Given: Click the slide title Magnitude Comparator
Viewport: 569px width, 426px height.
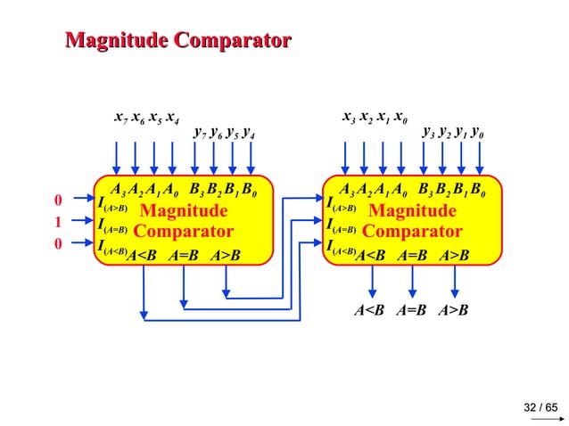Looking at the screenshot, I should [179, 40].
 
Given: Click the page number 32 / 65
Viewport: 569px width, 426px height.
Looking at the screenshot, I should [540, 407].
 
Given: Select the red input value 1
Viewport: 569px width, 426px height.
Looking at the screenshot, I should [58, 222].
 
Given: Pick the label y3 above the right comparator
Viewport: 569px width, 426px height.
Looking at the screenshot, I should [427, 135].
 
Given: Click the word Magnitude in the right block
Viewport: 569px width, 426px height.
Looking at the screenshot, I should [412, 211].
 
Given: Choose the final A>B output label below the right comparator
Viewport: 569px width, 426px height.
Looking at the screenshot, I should [454, 310].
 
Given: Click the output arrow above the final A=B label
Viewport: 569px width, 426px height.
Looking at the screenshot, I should [412, 281].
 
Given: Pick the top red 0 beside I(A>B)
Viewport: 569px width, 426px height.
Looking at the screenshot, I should [58, 201].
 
